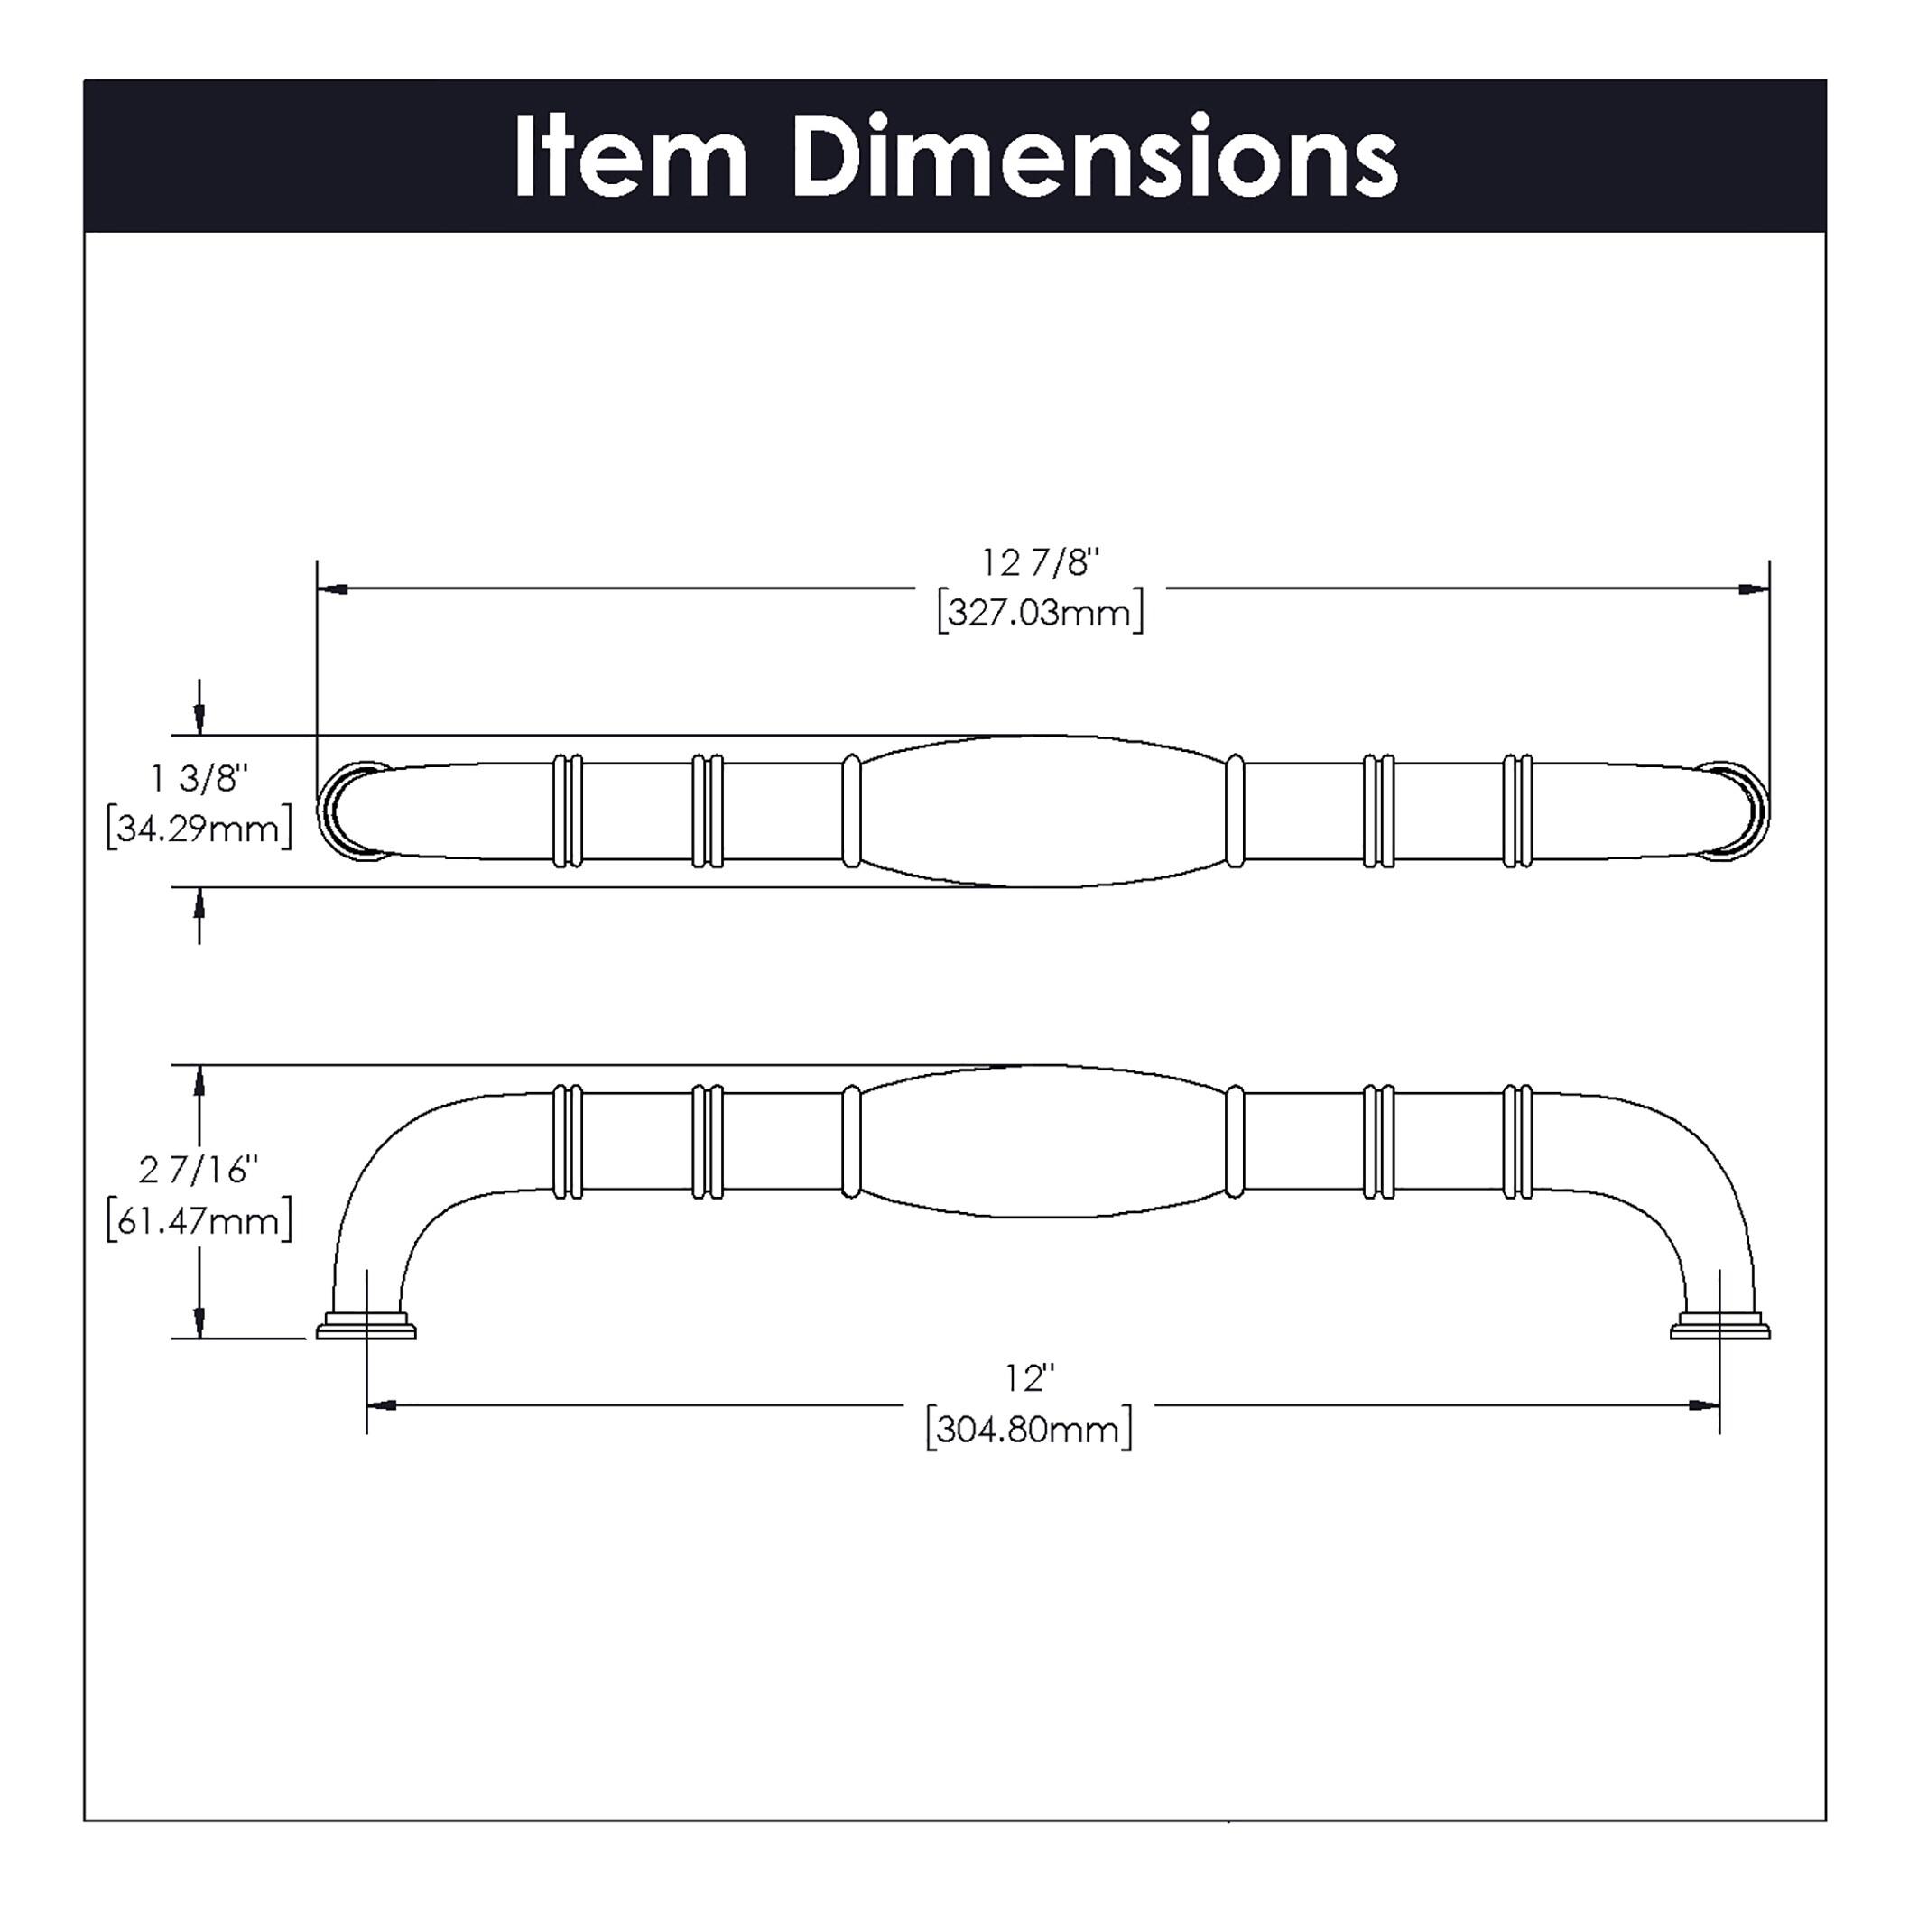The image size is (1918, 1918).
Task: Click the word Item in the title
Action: click(x=629, y=159)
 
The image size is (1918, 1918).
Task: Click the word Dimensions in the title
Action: click(x=1093, y=159)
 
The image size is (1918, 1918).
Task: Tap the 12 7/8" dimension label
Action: click(x=1041, y=563)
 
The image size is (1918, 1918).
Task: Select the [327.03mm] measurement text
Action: click(x=1041, y=612)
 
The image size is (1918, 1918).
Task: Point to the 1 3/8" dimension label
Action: click(x=199, y=778)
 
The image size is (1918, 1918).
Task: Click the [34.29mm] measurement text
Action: click(x=199, y=827)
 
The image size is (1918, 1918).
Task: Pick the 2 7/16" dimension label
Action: click(x=199, y=1171)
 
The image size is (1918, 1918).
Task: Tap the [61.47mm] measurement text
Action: click(x=199, y=1220)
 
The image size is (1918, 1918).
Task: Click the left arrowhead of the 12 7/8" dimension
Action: click(x=332, y=588)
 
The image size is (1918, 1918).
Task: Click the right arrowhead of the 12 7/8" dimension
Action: click(x=1753, y=588)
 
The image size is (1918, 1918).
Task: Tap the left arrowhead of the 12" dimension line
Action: click(x=382, y=1404)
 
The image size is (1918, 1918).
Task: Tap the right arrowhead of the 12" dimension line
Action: click(x=1703, y=1404)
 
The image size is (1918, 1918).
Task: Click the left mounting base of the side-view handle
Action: click(x=366, y=1329)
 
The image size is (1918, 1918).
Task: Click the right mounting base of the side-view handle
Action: click(x=1719, y=1329)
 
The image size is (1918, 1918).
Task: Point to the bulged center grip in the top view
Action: click(x=1042, y=811)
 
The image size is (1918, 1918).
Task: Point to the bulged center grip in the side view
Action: click(x=1042, y=1141)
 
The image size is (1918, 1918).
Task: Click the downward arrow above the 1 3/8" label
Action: click(x=199, y=717)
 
